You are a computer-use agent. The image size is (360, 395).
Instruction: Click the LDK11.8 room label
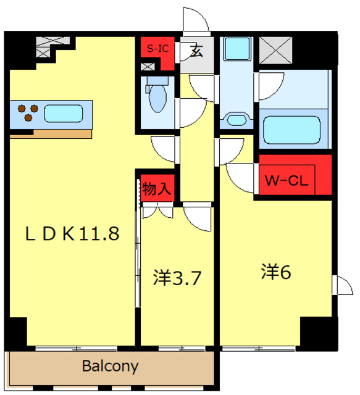(72, 234)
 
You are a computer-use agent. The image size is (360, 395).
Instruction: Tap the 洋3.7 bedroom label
(177, 278)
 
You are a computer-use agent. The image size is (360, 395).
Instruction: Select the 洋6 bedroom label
(276, 272)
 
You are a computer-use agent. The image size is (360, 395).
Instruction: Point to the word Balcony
(111, 366)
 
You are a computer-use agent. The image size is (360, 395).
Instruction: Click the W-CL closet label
(287, 180)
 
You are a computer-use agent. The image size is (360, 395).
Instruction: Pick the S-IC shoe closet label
(158, 48)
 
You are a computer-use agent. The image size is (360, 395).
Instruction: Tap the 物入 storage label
(157, 188)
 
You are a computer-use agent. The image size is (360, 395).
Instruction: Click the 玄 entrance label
(196, 50)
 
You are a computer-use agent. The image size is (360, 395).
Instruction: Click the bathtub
(291, 130)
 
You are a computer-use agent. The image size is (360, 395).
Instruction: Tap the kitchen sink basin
(64, 114)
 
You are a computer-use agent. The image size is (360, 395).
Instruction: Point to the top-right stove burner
(35, 109)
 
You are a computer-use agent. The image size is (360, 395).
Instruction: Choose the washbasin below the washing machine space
(237, 120)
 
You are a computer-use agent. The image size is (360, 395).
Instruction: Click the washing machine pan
(237, 49)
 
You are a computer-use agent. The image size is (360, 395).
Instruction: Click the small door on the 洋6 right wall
(342, 285)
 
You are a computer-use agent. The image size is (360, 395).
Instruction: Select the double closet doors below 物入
(158, 210)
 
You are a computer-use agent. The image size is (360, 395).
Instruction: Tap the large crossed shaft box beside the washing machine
(276, 50)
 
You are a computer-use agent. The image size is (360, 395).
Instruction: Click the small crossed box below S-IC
(148, 67)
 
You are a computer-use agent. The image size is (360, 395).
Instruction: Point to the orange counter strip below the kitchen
(51, 134)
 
